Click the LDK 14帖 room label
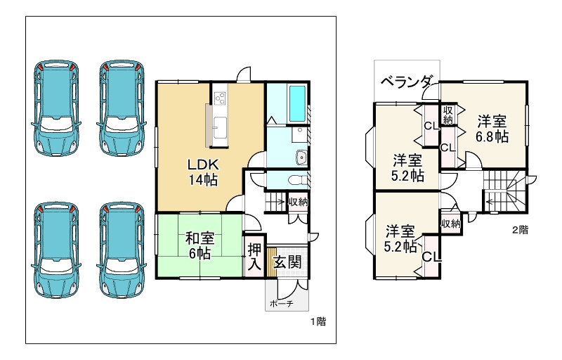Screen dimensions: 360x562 point(204,172)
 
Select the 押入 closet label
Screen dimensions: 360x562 point(254,258)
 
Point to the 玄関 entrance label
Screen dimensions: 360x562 point(287,262)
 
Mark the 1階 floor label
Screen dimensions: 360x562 point(318,321)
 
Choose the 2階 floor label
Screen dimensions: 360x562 point(519,229)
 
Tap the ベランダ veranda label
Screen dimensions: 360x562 point(406,82)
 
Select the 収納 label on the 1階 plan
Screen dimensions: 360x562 point(298,202)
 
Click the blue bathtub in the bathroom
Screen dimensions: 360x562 point(298,103)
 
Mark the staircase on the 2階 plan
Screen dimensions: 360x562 point(503,191)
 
